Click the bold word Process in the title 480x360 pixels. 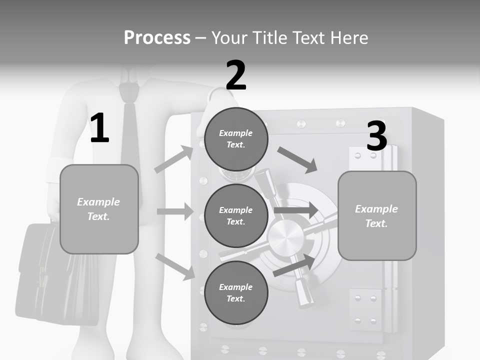click(x=157, y=37)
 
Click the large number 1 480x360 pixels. click(x=99, y=128)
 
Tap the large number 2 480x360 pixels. click(x=236, y=75)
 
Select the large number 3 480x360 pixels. click(x=376, y=136)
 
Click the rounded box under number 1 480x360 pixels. click(x=99, y=209)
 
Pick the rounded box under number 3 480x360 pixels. click(x=377, y=215)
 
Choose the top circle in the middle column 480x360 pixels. click(x=236, y=138)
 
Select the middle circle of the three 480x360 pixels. click(x=236, y=215)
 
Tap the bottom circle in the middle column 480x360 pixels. click(x=236, y=292)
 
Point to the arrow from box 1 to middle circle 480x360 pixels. click(x=175, y=211)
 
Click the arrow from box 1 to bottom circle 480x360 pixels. click(x=175, y=266)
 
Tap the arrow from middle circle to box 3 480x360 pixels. click(x=296, y=210)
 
